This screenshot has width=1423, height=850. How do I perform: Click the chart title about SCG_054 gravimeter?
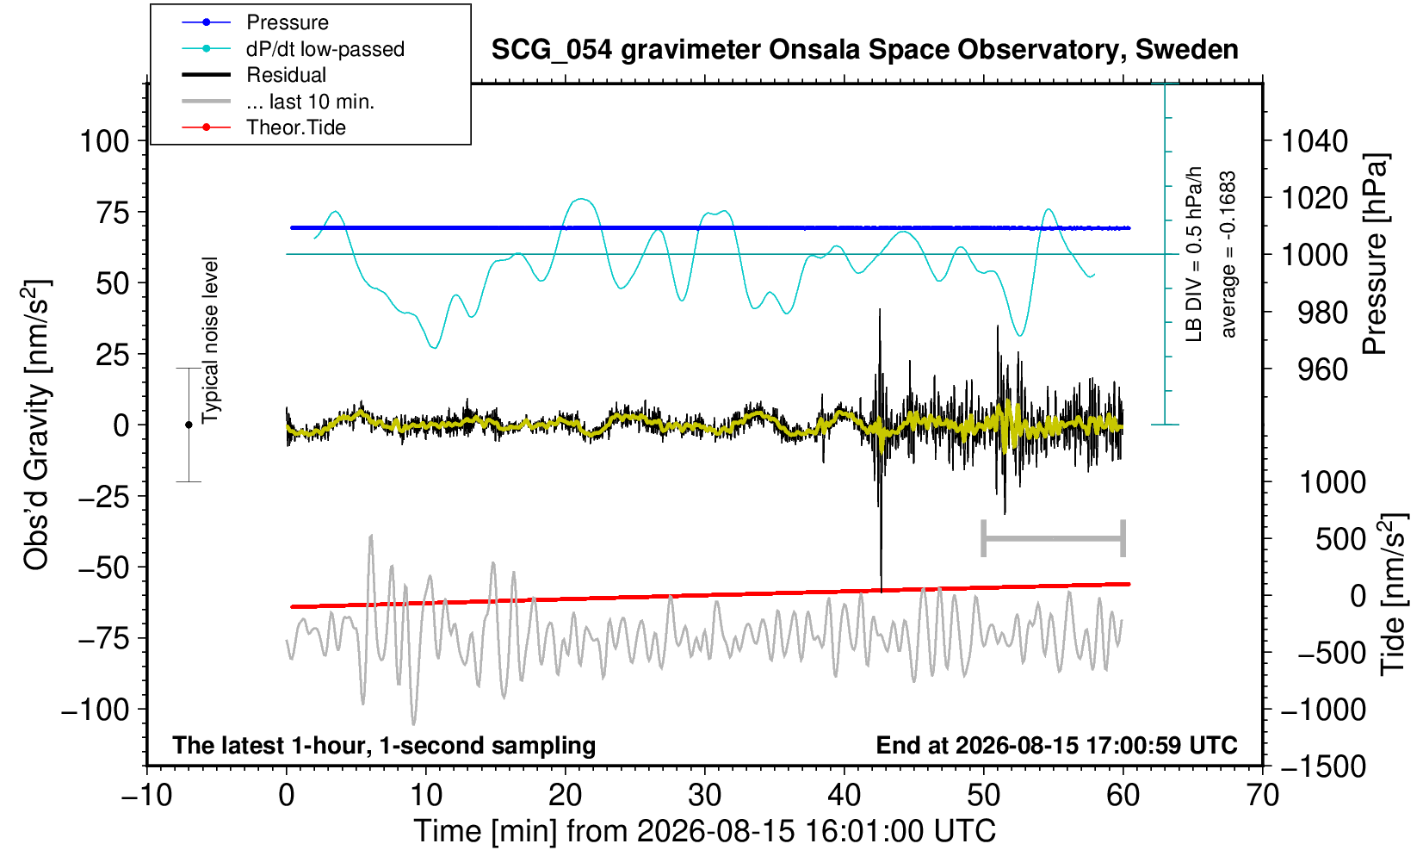[x=864, y=49]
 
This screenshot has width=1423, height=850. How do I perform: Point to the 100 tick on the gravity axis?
[x=104, y=141]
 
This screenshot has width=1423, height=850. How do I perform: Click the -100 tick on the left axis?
[x=96, y=709]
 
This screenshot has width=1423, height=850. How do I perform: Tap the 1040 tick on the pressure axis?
[x=1315, y=141]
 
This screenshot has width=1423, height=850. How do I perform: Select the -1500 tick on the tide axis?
[x=1322, y=766]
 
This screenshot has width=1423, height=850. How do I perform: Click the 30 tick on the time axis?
[x=704, y=796]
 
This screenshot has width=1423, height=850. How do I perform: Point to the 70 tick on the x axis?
[x=1262, y=796]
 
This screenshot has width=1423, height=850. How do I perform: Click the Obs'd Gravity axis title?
[x=35, y=425]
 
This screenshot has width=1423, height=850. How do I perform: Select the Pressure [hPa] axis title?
[x=1375, y=254]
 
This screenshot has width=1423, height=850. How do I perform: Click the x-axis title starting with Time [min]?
[x=704, y=831]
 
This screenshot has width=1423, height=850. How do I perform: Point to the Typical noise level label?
[x=210, y=341]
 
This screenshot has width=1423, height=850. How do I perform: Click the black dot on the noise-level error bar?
[x=189, y=425]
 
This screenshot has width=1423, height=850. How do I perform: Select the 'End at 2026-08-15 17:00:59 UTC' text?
[x=1056, y=745]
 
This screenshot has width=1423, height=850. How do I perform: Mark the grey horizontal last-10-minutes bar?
[x=1054, y=538]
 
